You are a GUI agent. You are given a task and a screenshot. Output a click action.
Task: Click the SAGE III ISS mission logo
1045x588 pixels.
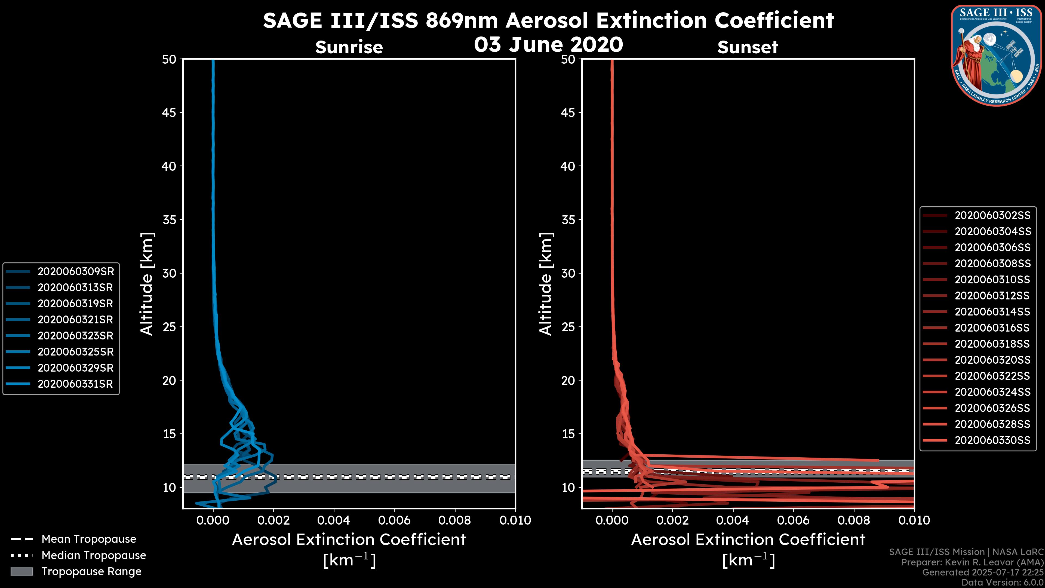tap(996, 55)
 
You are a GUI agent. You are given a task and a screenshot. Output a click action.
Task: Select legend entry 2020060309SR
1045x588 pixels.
tap(75, 271)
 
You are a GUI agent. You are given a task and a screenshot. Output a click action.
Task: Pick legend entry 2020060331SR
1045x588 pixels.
tap(75, 384)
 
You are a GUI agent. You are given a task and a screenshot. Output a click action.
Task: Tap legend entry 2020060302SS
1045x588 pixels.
tap(992, 216)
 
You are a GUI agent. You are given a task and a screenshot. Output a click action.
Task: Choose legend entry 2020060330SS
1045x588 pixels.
tap(992, 440)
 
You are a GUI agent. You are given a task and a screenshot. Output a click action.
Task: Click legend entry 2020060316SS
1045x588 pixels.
tap(992, 328)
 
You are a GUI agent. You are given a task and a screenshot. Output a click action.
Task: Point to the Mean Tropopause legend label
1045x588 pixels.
tap(89, 539)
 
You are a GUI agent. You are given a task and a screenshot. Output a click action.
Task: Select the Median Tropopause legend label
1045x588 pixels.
tap(94, 555)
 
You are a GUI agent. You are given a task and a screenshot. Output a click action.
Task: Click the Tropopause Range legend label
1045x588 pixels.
tap(91, 571)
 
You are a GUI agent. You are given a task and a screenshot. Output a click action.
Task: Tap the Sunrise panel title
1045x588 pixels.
tap(349, 47)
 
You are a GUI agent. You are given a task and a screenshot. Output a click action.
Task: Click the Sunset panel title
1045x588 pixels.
tap(748, 47)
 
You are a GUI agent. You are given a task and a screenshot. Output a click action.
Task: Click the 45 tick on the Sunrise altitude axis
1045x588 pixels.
tap(169, 112)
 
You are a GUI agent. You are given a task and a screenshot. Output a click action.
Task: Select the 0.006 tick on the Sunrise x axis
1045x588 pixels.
tap(394, 520)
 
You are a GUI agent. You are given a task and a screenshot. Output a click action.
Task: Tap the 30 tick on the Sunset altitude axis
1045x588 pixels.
tap(568, 273)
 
